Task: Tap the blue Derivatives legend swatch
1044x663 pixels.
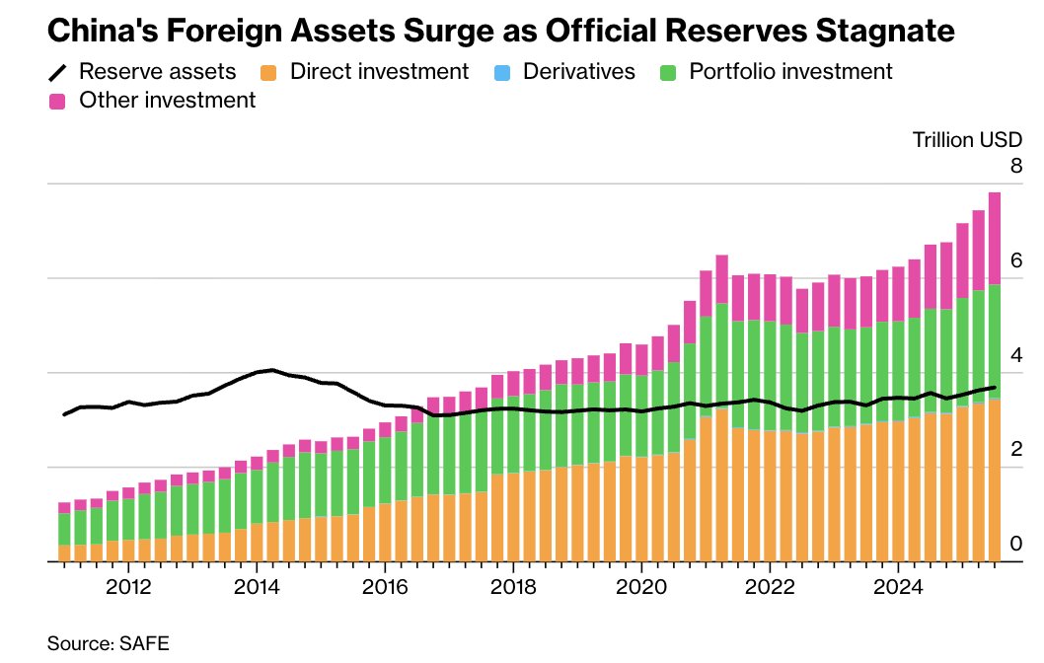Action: (506, 72)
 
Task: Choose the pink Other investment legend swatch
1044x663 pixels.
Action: (57, 101)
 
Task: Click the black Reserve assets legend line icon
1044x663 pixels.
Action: (57, 72)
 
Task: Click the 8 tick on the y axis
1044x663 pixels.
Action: (1014, 165)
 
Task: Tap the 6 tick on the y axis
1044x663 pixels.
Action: (1014, 259)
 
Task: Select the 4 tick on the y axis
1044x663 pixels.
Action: (1014, 354)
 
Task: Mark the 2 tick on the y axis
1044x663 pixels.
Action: (1014, 449)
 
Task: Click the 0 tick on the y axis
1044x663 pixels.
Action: (1014, 544)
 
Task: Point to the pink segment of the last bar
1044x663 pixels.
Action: (995, 238)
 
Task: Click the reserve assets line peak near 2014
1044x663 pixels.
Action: (272, 370)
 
